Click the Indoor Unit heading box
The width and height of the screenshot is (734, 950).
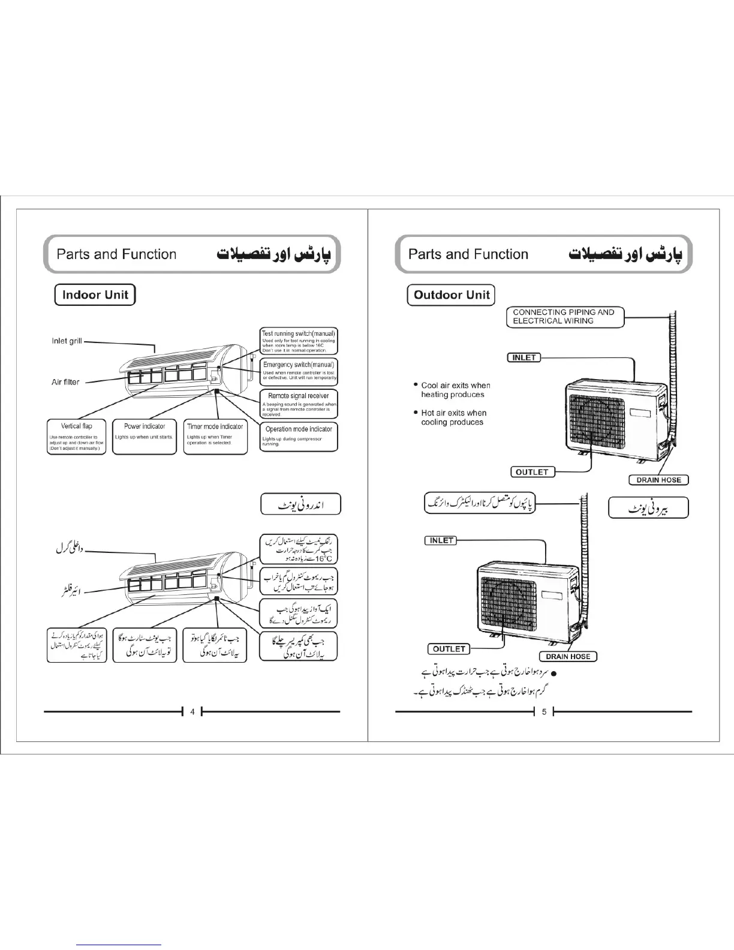coord(95,295)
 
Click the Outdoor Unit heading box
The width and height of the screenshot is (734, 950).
coord(451,295)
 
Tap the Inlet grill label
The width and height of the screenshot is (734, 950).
coord(67,341)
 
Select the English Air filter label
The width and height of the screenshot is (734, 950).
coord(65,382)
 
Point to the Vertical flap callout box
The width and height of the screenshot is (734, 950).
coord(76,436)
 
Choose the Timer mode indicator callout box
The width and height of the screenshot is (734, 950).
coord(215,436)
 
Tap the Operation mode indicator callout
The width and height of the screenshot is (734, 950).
coord(299,437)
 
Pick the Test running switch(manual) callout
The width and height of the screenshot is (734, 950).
coord(299,341)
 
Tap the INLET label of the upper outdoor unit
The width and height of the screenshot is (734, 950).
coord(524,357)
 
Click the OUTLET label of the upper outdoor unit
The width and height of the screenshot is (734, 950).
coord(532,472)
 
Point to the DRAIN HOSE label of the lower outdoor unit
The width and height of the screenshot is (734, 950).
coord(568,657)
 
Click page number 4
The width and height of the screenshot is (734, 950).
coord(192,712)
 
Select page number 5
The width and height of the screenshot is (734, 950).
coord(544,712)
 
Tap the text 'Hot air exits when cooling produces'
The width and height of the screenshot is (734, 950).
coord(453,417)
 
